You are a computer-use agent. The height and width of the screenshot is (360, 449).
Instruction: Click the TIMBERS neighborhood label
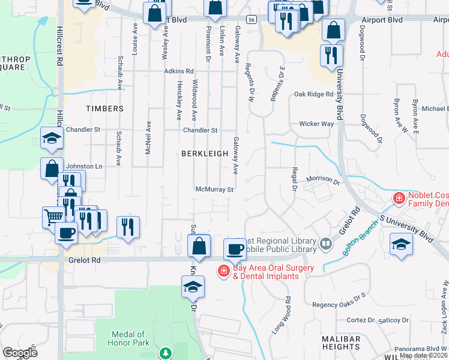tap(104, 109)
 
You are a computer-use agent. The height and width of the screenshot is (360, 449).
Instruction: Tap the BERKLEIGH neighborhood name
tap(205, 154)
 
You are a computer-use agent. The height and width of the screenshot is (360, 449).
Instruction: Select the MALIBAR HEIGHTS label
tap(341, 343)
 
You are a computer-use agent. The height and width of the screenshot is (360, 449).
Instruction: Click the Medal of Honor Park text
tap(128, 338)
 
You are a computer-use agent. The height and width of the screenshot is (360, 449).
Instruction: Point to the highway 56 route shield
tap(252, 20)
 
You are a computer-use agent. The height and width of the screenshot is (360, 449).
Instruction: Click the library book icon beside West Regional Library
tap(325, 243)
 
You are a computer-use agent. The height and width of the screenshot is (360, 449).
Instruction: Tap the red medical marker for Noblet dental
tap(398, 198)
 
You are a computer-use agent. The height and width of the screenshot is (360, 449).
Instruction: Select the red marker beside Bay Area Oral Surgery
tap(223, 272)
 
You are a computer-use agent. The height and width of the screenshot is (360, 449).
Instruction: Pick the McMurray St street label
tap(214, 189)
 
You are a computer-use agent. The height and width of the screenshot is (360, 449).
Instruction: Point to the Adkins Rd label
tap(179, 71)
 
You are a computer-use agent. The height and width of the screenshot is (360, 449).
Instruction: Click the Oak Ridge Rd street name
tap(313, 94)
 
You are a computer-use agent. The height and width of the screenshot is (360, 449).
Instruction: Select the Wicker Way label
tap(316, 124)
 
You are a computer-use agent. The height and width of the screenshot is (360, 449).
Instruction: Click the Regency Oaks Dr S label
tap(339, 305)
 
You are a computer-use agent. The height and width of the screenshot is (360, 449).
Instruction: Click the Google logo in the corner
tap(20, 353)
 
